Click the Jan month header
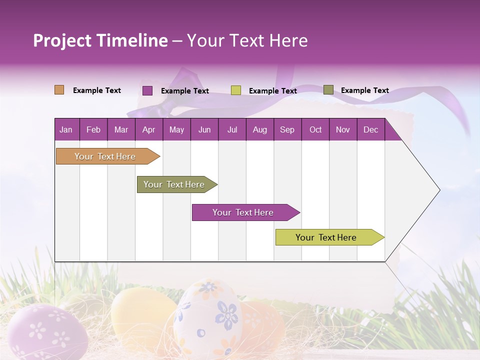pyautogui.click(x=66, y=130)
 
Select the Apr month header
pyautogui.click(x=148, y=130)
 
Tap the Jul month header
pyautogui.click(x=232, y=130)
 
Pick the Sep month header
pyautogui.click(x=287, y=130)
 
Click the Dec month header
pyautogui.click(x=370, y=130)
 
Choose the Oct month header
pyautogui.click(x=315, y=130)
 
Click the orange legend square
pyautogui.click(x=59, y=90)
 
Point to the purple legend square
pyautogui.click(x=147, y=90)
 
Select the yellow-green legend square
pyautogui.click(x=236, y=90)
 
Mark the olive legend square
pyautogui.click(x=328, y=90)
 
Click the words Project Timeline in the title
pyautogui.click(x=100, y=40)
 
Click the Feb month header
pyautogui.click(x=93, y=130)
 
